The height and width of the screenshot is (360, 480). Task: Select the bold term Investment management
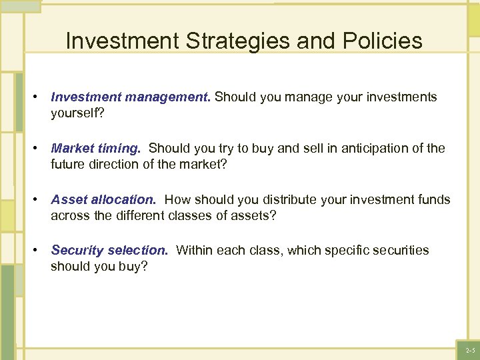point(131,97)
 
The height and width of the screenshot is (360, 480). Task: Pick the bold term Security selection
point(109,251)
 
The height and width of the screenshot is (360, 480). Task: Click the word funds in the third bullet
point(434,199)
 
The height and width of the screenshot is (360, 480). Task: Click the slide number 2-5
point(470,350)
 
